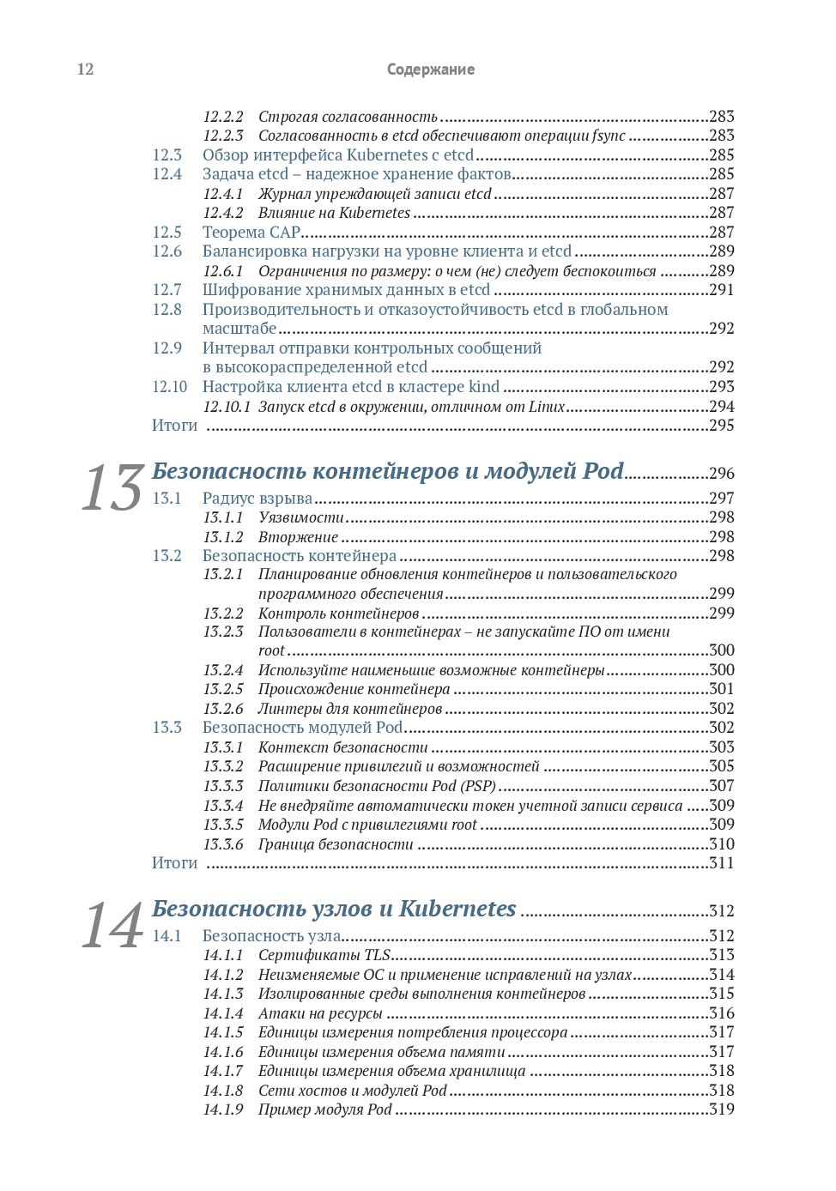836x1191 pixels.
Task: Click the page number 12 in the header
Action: [x=85, y=70]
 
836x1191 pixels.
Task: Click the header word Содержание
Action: [x=430, y=70]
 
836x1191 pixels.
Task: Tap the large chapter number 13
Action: [x=112, y=488]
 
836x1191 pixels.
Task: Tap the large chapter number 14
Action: [x=112, y=926]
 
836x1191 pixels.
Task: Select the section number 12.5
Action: [x=167, y=232]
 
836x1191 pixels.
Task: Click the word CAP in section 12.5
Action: [x=285, y=232]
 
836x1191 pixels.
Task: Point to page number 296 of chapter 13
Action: [x=721, y=473]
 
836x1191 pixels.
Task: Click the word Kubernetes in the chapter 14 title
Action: [x=457, y=909]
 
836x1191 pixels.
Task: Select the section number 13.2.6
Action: [x=223, y=708]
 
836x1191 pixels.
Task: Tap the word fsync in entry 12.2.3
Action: [x=609, y=136]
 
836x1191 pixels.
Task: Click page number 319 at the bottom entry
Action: [x=721, y=1109]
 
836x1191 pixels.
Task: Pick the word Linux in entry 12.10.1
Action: [x=547, y=406]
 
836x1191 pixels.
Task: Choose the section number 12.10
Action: [x=169, y=386]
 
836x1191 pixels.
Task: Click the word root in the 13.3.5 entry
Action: [x=463, y=824]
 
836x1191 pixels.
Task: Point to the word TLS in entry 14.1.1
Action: [x=377, y=954]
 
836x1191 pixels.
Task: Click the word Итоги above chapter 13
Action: [x=174, y=425]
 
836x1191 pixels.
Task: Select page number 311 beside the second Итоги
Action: [x=721, y=862]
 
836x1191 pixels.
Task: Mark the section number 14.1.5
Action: [x=223, y=1031]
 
